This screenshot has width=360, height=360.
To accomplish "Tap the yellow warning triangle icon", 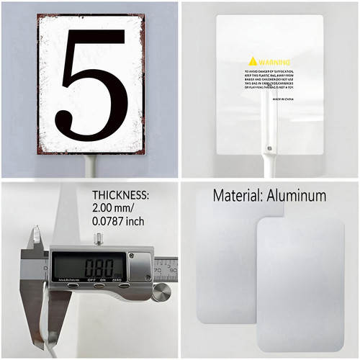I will click(252, 61).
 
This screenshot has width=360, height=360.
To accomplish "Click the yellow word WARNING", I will click(274, 62).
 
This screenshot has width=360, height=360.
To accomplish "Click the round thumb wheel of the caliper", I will click(163, 291).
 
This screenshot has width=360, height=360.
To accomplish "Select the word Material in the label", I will click(238, 195).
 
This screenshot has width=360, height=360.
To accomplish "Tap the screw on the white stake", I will click(270, 150).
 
